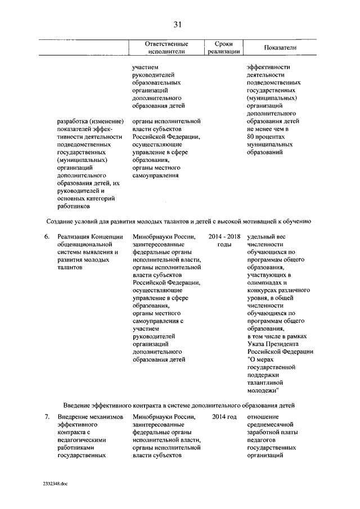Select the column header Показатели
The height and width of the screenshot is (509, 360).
coord(280,48)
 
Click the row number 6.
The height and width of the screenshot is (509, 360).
coord(47,237)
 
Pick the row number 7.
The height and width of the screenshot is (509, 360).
coord(47,417)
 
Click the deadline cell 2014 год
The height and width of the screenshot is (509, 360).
coord(224,417)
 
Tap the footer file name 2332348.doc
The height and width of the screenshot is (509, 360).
coord(55,483)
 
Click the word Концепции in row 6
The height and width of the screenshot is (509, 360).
coord(107,237)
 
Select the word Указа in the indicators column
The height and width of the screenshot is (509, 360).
coord(256,344)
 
